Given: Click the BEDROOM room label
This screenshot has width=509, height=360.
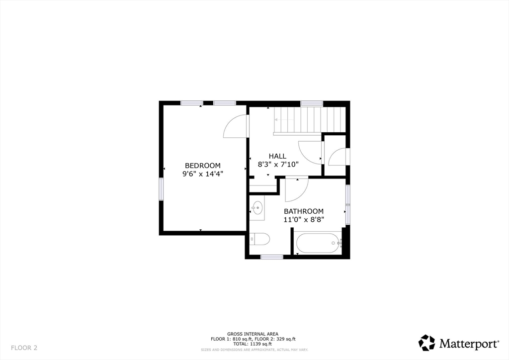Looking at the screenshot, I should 202,166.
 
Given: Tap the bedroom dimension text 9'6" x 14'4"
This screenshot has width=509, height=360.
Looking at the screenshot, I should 202,174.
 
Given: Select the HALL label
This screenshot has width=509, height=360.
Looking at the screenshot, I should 277,156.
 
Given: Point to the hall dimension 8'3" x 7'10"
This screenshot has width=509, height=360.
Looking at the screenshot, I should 277,164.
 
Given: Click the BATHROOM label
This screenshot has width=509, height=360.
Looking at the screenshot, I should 304,211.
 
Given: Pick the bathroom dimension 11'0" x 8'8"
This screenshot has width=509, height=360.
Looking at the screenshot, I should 304,219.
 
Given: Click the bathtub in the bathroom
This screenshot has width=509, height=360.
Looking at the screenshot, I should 318,243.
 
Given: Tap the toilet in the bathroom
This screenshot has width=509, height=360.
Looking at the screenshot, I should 259,239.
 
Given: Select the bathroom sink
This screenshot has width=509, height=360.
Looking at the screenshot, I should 257,208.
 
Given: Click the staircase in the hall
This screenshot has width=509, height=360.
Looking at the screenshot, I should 307,120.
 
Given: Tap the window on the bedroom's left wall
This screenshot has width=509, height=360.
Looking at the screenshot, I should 161,189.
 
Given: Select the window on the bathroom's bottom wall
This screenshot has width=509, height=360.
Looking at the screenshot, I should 272,257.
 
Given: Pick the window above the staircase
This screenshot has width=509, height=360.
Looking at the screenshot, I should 312,103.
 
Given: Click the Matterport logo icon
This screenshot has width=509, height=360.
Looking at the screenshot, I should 426,343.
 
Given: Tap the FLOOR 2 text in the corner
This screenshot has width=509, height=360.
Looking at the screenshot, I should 24,348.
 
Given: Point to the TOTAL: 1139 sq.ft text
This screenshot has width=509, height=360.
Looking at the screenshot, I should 254,344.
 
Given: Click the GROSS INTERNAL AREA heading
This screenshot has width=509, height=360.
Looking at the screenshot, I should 253,334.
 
